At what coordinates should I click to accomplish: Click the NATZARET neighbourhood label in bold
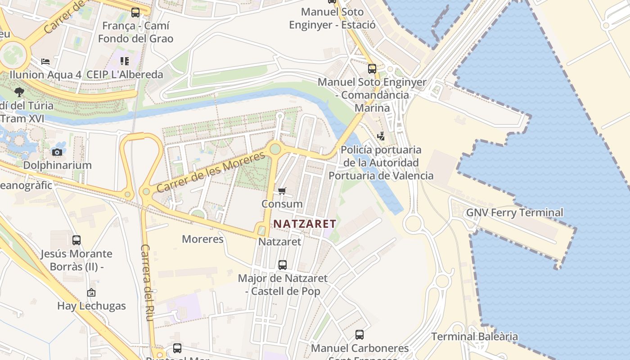click(x=305, y=224)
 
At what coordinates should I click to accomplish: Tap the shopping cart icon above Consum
click(x=282, y=191)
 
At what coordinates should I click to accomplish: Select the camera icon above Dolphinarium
click(x=57, y=152)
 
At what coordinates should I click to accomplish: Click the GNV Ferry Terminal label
click(x=514, y=212)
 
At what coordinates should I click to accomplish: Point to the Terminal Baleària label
click(x=474, y=337)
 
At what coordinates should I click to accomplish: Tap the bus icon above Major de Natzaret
click(x=283, y=265)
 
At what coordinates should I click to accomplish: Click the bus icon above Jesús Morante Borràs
click(x=76, y=240)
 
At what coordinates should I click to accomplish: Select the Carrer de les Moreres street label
click(x=211, y=172)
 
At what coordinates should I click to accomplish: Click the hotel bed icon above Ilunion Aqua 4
click(x=45, y=61)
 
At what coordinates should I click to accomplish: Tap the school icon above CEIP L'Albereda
click(x=125, y=61)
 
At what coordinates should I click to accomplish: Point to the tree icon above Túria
click(x=19, y=92)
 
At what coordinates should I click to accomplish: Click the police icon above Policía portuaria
click(x=381, y=136)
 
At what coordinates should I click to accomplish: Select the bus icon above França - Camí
click(x=135, y=13)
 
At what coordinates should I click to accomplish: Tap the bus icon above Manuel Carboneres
click(x=360, y=335)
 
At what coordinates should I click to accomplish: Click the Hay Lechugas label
click(x=91, y=306)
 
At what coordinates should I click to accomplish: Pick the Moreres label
click(x=202, y=239)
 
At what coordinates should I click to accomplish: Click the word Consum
click(x=282, y=204)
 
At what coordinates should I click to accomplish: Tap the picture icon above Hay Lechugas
click(x=91, y=293)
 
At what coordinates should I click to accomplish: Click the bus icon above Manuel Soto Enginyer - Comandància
click(x=372, y=69)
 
